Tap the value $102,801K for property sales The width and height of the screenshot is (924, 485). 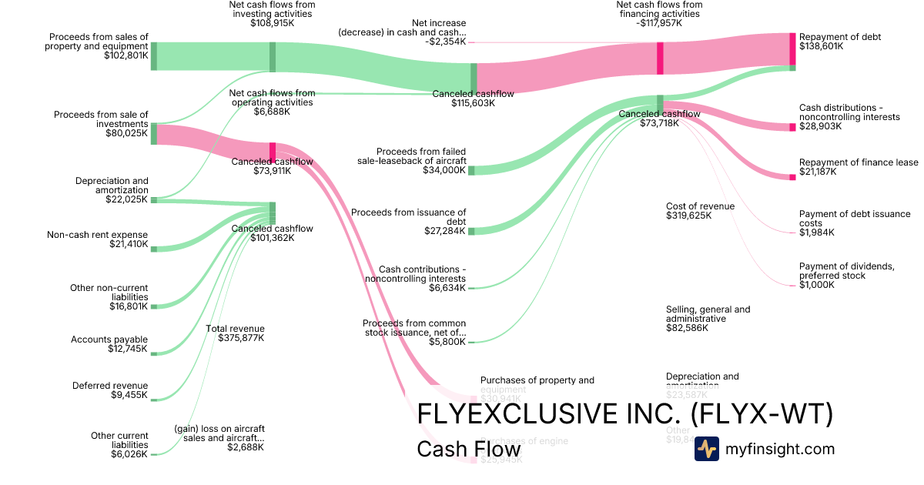coord(126,55)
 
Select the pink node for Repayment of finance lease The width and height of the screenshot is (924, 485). coord(792,178)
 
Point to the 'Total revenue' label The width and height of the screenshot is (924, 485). coord(235,329)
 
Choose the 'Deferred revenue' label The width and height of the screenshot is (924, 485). coord(110,386)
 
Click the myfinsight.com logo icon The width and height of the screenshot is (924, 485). coord(706,449)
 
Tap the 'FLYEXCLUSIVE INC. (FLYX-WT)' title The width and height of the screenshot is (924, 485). coord(624,414)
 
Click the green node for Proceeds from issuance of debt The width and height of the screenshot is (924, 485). coord(472,230)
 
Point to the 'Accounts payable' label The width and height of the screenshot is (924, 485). coord(109,339)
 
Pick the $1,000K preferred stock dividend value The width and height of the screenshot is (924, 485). coord(817,285)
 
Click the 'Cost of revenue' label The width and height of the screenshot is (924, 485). coord(700,206)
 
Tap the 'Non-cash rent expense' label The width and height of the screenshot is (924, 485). coord(97,235)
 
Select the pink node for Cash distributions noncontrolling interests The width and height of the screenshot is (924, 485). coord(792,127)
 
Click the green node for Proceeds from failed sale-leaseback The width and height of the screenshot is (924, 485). coord(472,170)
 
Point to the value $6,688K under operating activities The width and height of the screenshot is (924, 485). coord(272,112)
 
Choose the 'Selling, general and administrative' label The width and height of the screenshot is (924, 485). coord(708,314)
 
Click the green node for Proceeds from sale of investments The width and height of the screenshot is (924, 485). coord(154,133)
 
